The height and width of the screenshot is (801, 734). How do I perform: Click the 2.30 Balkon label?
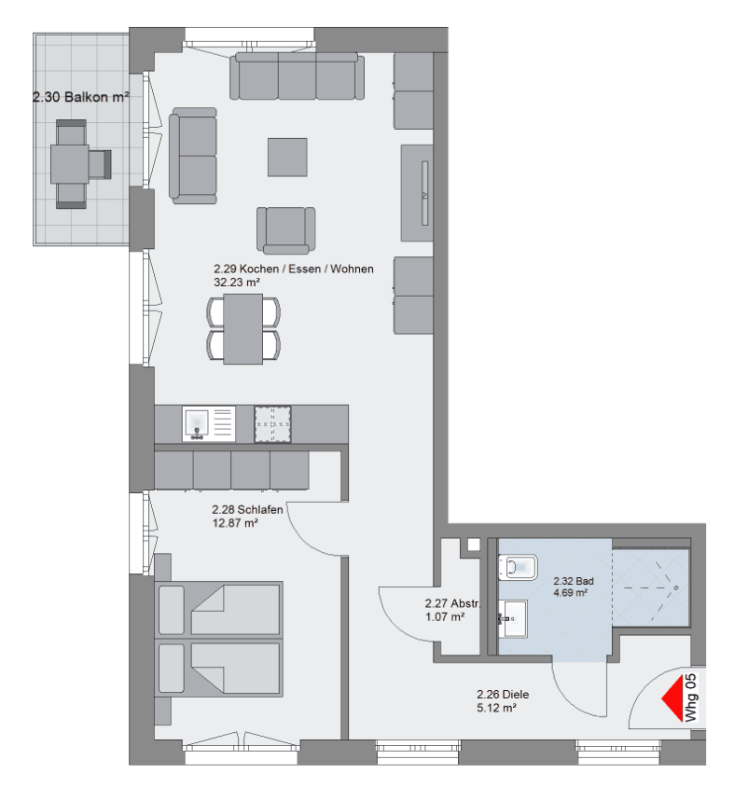tap(80, 95)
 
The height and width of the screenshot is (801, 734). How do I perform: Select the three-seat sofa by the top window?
tap(298, 76)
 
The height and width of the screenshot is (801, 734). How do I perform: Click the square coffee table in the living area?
tap(287, 157)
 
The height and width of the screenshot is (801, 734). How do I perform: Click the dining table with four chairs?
tap(242, 327)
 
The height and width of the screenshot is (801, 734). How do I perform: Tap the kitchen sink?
tap(196, 424)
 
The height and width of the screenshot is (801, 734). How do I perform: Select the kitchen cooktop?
tap(273, 423)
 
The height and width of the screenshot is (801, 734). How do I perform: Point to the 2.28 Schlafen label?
tap(248, 510)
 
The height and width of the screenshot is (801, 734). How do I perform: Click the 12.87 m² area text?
tap(236, 523)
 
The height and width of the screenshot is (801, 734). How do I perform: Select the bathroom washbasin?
tap(513, 615)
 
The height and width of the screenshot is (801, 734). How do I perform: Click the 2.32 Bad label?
tap(569, 579)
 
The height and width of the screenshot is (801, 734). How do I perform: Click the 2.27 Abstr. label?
tap(451, 603)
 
